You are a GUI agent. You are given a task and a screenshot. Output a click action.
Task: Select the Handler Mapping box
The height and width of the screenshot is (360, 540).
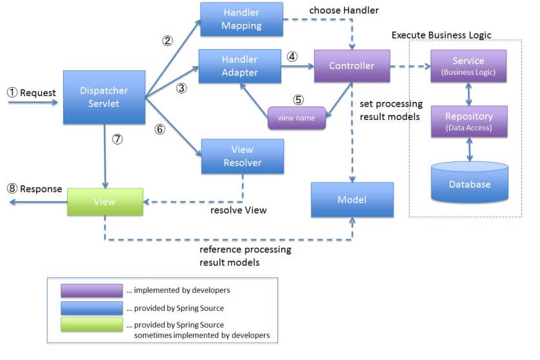click(x=242, y=19)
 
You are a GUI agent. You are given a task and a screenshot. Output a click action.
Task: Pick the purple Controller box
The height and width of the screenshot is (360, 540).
click(x=352, y=66)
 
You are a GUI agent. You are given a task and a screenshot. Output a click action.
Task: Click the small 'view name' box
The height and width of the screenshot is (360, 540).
click(x=297, y=118)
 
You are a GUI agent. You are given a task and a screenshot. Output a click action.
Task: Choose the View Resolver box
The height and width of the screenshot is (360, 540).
click(x=242, y=156)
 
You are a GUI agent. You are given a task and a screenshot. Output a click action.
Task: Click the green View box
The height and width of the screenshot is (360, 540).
click(x=105, y=202)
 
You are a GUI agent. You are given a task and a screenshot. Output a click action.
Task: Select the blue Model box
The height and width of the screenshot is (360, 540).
click(x=352, y=199)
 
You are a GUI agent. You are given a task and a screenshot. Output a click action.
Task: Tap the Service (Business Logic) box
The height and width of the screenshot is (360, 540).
click(x=468, y=66)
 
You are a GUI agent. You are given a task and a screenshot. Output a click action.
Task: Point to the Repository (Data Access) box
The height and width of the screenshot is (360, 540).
click(x=468, y=122)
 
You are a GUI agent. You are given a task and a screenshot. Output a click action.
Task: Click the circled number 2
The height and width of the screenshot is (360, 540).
click(x=167, y=40)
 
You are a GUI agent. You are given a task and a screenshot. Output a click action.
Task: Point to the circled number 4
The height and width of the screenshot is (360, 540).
click(x=292, y=56)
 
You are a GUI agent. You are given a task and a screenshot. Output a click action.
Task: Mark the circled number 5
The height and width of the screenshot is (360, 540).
click(x=298, y=100)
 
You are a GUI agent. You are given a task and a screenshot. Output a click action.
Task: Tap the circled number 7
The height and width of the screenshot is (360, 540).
click(x=117, y=139)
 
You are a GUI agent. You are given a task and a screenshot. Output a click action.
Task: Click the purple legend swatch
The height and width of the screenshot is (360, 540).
click(x=92, y=291)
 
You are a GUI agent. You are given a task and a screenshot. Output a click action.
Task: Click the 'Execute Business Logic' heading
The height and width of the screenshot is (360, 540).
click(x=441, y=34)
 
